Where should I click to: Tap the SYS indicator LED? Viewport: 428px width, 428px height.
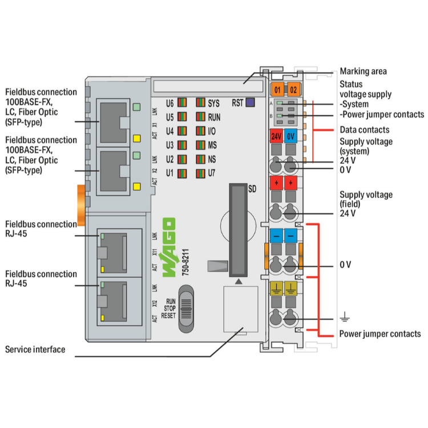pos(200,103)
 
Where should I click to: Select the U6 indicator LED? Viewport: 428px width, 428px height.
pos(181,103)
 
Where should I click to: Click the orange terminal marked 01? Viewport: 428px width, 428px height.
pos(277,90)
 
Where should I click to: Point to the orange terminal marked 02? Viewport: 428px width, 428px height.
pos(292,90)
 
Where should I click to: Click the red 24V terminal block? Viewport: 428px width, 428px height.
pos(277,136)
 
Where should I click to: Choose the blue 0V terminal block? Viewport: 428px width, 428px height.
pos(290,136)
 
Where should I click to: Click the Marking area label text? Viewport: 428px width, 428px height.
pos(363,71)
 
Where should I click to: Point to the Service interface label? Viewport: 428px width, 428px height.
pos(35,349)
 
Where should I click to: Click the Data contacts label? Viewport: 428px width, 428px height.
pos(365,130)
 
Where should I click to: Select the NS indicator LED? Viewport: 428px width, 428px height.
pos(200,158)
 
